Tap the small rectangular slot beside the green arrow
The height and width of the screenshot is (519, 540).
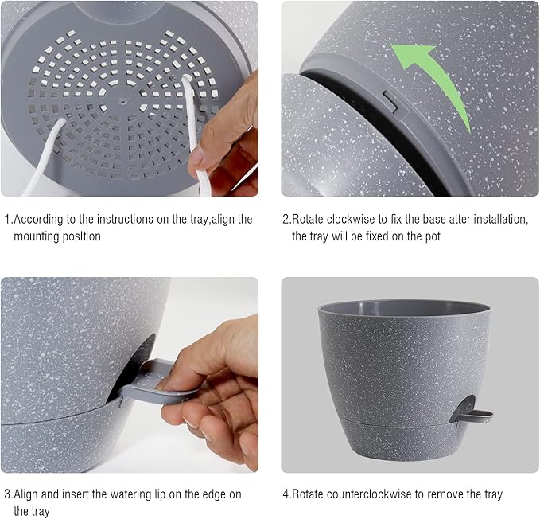point(389,100)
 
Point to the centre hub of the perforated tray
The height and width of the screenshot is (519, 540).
point(122,101)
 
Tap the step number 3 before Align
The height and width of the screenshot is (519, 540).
point(6,494)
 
